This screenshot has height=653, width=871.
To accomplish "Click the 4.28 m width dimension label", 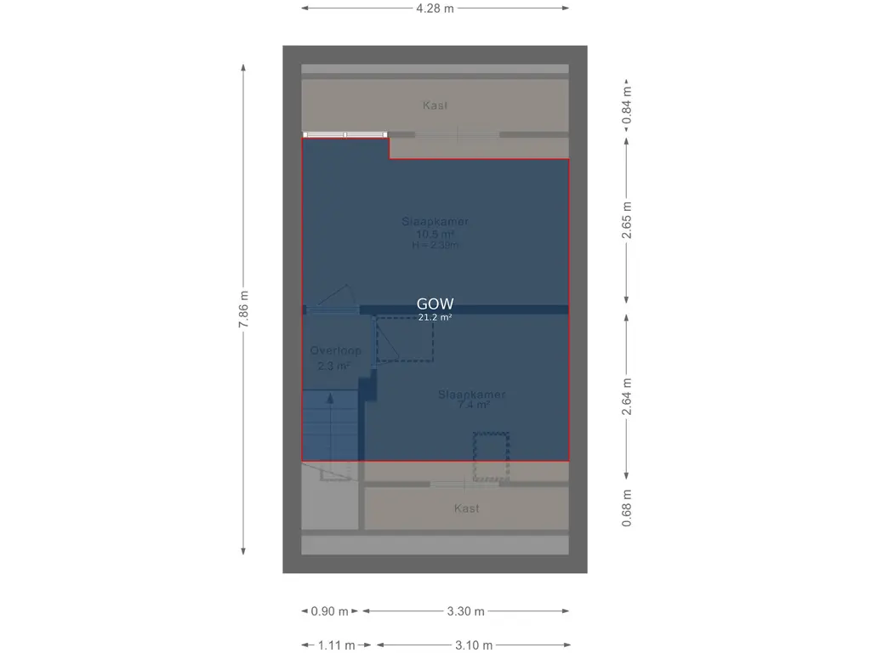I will point(435,9).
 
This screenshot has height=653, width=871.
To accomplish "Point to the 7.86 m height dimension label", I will point(244,310).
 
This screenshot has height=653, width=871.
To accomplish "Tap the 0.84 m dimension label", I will point(627,106).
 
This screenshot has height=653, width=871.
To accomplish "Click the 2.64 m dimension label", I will point(627,396).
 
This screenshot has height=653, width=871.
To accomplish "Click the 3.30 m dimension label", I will point(466,611).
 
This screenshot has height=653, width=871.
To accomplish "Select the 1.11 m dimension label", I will point(337,645).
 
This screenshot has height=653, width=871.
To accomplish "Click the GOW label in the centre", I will point(435,304).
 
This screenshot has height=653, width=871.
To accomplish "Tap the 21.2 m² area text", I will point(435,318).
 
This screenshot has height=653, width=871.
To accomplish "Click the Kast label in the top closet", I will point(435,105).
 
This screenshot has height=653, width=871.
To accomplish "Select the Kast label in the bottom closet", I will point(466,508).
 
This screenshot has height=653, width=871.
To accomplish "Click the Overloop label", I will point(335,350).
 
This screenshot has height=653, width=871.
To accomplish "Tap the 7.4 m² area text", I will point(473,406).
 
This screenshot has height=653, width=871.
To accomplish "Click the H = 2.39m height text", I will point(435,246).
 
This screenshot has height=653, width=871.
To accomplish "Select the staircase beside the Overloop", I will point(330,425).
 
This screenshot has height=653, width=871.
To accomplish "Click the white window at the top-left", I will point(345,134).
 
